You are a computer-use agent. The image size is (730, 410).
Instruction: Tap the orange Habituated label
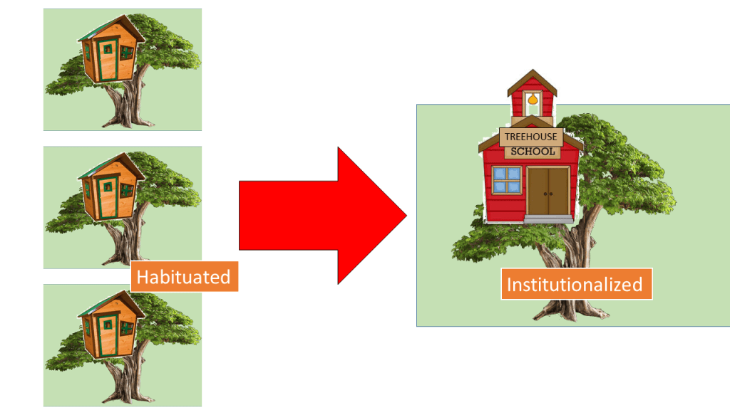[x=183, y=276]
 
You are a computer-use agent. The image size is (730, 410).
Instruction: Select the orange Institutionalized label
[x=575, y=285]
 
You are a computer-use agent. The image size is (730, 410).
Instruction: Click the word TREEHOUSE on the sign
[x=530, y=137]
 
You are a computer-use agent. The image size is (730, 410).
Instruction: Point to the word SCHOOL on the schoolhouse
[x=532, y=152]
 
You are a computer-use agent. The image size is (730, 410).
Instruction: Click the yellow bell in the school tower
[x=532, y=102]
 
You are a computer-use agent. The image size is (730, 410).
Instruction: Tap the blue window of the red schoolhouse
[x=508, y=179]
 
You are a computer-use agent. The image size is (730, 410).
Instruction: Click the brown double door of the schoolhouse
[x=548, y=191]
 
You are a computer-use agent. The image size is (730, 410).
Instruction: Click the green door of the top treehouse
[x=108, y=60]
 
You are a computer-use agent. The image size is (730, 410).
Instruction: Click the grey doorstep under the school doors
[x=548, y=219]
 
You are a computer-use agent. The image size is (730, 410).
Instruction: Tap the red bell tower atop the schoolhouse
[x=532, y=95]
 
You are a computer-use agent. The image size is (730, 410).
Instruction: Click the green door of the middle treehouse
[x=108, y=198]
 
